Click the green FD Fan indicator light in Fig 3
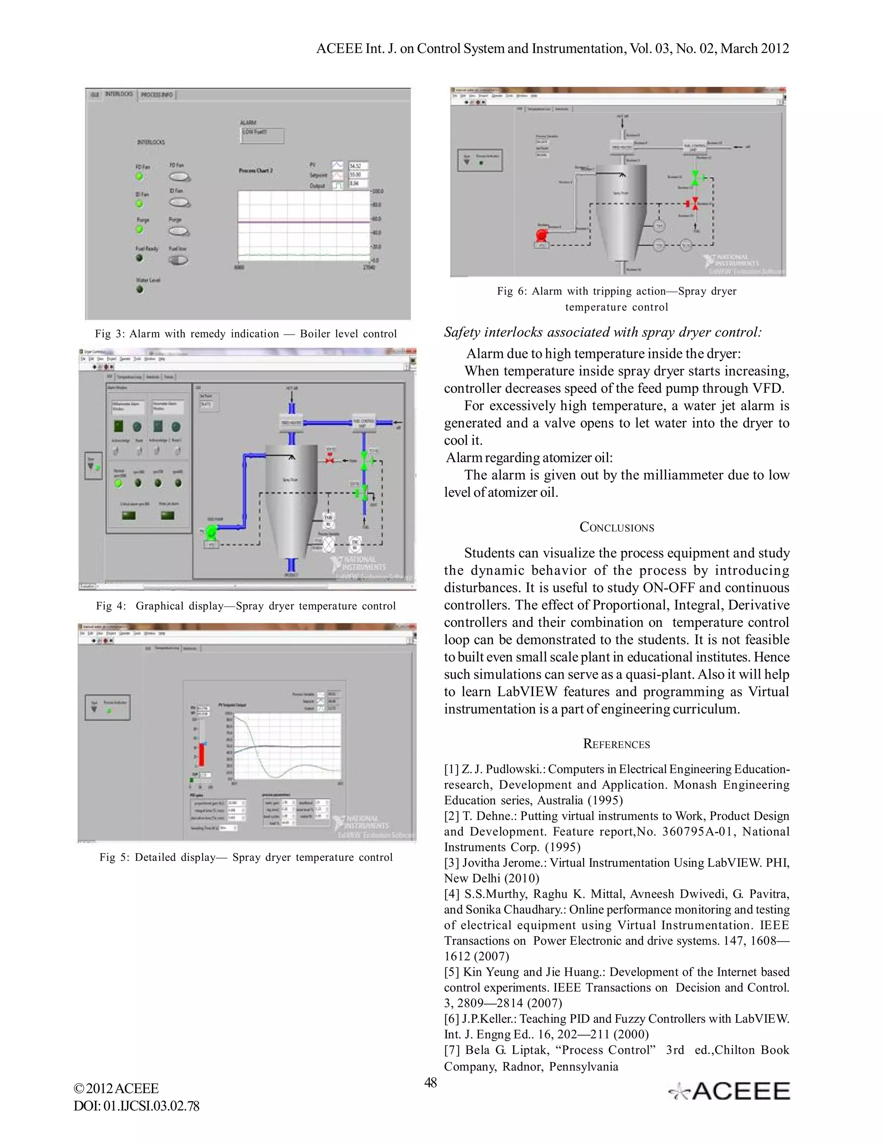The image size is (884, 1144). [x=139, y=177]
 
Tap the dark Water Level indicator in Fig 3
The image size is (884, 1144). [x=140, y=289]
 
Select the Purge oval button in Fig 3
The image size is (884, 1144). [x=179, y=231]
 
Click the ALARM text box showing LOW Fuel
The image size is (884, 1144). [x=262, y=136]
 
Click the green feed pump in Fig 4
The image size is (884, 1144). [x=211, y=532]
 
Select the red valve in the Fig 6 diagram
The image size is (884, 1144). [x=695, y=203]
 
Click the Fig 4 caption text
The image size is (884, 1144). [x=246, y=606]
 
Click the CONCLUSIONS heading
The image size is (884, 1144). [x=616, y=528]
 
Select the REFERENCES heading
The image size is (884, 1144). [x=616, y=744]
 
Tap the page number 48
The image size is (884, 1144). [x=430, y=1083]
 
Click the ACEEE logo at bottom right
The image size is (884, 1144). [x=729, y=1092]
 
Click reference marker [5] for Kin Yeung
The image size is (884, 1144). [x=452, y=972]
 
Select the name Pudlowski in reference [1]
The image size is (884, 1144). [x=515, y=769]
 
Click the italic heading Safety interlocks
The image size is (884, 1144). [x=602, y=332]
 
